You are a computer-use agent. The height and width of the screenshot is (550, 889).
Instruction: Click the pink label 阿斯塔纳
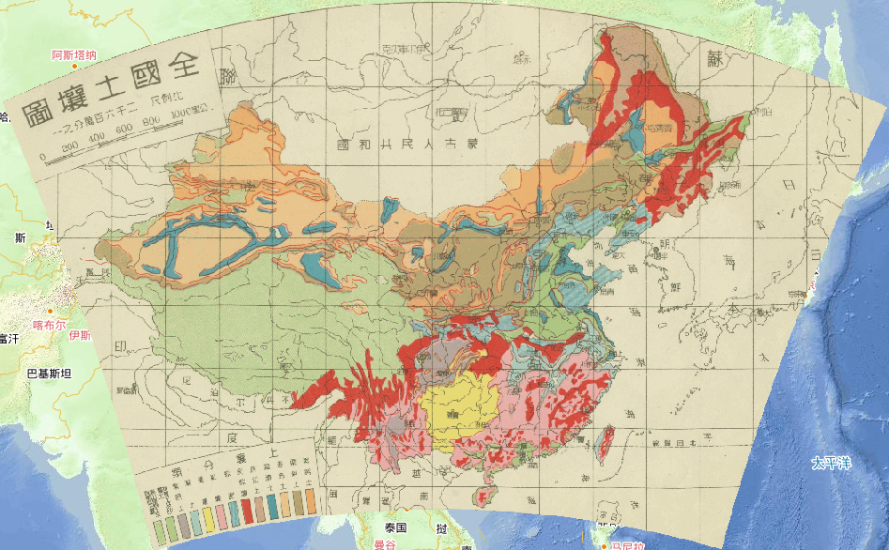click(x=73, y=55)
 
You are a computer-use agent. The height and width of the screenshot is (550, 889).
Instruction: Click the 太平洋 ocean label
click(x=831, y=464)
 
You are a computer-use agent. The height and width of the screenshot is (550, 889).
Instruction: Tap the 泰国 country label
click(x=395, y=527)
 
